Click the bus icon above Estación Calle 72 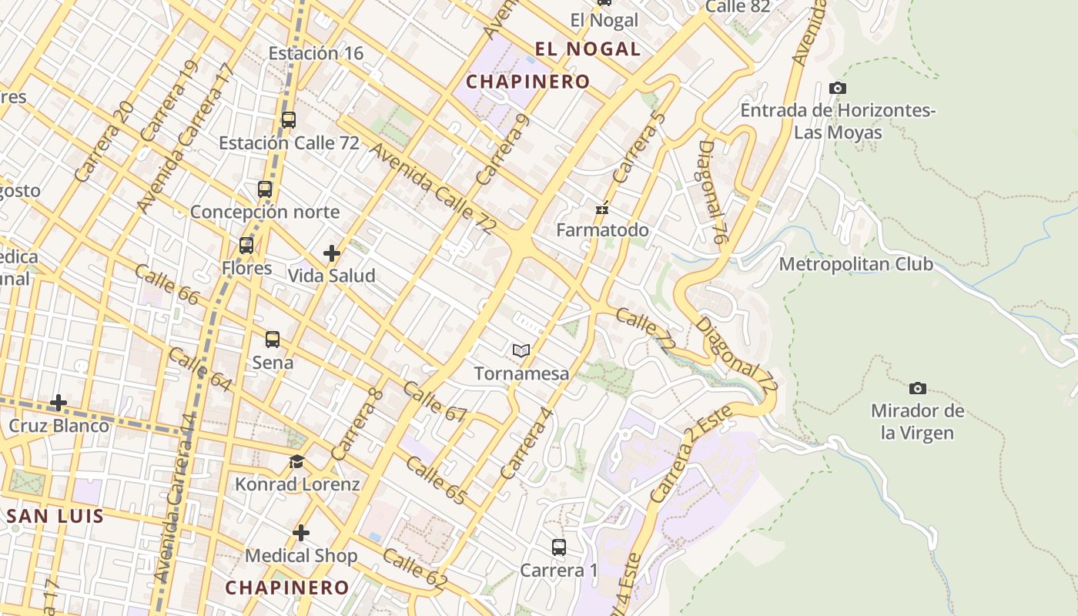(x=289, y=120)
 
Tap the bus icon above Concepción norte (x=265, y=189)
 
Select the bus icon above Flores (x=246, y=246)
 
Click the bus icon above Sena (x=273, y=340)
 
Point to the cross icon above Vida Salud (x=332, y=253)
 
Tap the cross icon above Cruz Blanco (x=59, y=403)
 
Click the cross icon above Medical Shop (x=301, y=533)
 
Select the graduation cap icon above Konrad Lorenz (x=296, y=462)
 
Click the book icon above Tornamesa (x=521, y=351)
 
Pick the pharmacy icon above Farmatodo (x=603, y=208)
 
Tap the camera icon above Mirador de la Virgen (x=917, y=388)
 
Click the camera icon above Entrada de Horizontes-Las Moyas (x=838, y=89)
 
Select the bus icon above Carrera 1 (x=559, y=547)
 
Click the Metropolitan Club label (x=855, y=264)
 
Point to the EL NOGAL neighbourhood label (x=588, y=49)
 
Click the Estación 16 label (x=316, y=53)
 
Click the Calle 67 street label (x=435, y=402)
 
